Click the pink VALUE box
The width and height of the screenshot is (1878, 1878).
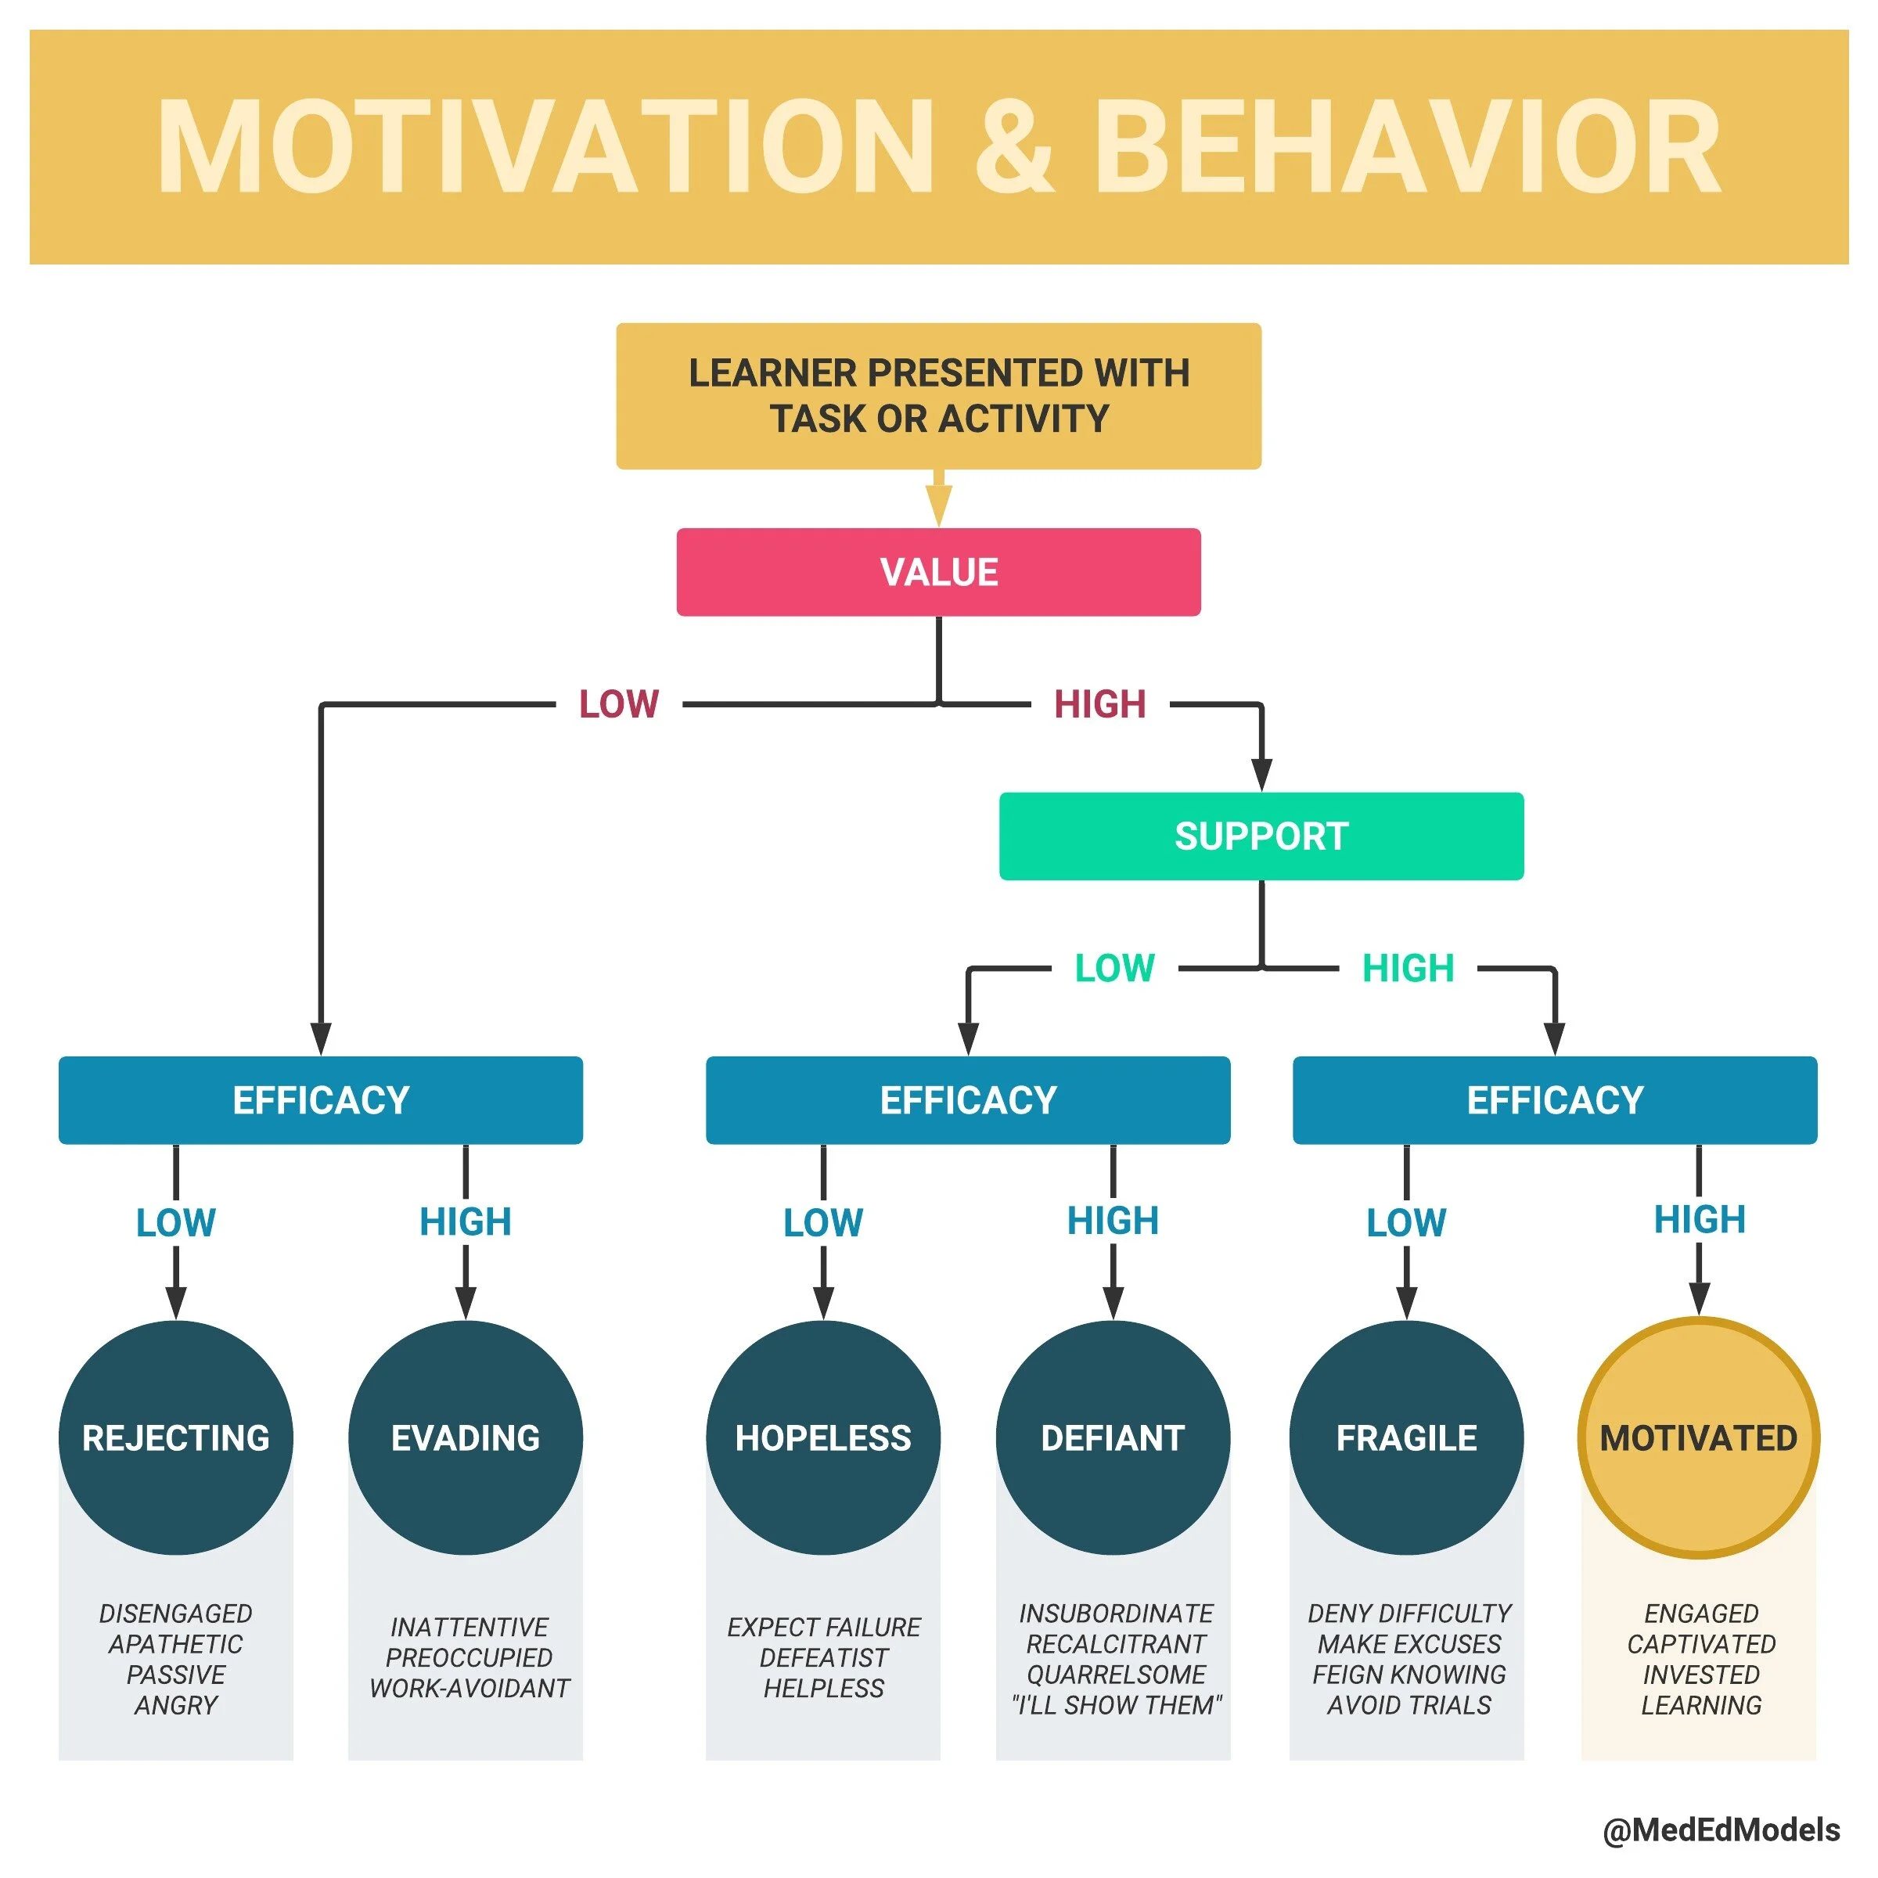(938, 571)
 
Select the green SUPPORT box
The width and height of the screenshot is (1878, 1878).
(1261, 836)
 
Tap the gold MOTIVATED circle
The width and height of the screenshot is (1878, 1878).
(1698, 1437)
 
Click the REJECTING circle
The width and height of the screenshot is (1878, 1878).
(176, 1437)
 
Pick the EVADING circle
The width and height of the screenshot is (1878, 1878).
(466, 1437)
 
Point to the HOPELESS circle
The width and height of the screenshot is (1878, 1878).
(823, 1437)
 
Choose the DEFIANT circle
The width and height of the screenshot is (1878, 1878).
(1113, 1437)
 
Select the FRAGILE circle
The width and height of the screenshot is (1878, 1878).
(1407, 1437)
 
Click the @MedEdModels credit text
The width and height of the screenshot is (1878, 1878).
(1721, 1830)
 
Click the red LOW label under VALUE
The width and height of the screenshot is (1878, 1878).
(619, 703)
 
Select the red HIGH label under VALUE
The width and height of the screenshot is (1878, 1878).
(1100, 703)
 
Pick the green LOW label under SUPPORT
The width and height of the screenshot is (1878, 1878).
(1115, 968)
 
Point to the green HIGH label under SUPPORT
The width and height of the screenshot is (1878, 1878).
(1408, 968)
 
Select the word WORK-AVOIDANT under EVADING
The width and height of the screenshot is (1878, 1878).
(469, 1689)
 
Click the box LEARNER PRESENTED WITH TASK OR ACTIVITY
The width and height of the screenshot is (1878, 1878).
(938, 396)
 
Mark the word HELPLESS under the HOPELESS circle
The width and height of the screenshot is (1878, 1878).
(823, 1689)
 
